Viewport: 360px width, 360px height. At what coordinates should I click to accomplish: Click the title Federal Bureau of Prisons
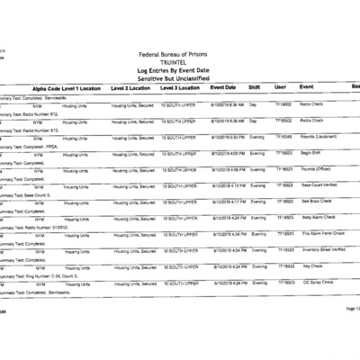coord(181,54)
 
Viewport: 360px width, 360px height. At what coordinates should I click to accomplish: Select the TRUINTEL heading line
coord(181,62)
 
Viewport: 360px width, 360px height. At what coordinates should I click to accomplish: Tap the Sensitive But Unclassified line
coord(181,78)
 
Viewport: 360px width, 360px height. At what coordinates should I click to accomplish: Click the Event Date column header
coord(223,87)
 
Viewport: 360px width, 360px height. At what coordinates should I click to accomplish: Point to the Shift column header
coord(256,87)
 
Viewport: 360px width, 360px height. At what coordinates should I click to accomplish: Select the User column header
coord(280,87)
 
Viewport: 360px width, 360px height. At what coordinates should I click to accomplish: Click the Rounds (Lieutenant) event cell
coord(318,137)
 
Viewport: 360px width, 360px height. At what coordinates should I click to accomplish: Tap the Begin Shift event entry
coord(311,153)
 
